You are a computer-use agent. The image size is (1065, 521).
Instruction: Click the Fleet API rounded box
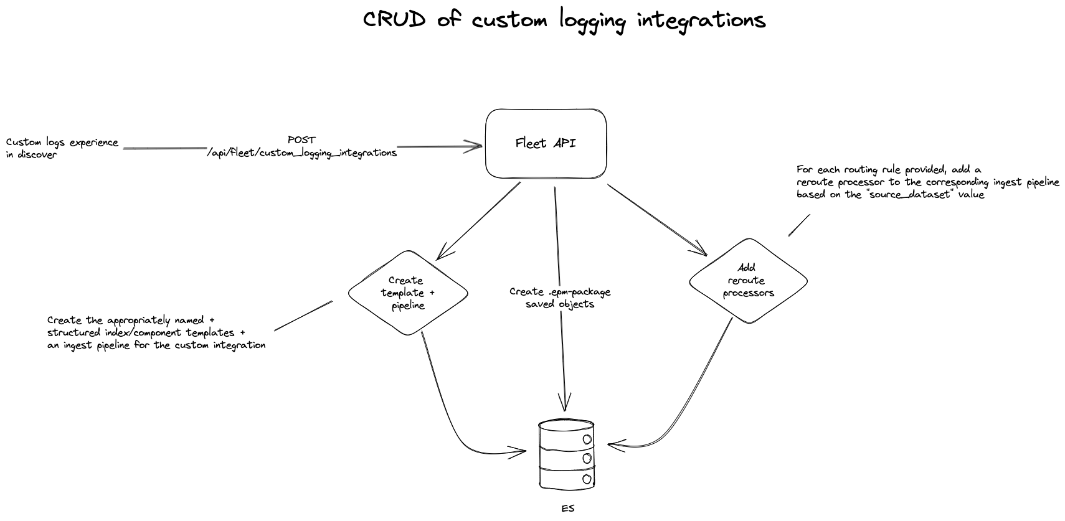coord(546,143)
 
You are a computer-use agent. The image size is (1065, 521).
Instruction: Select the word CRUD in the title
coord(394,20)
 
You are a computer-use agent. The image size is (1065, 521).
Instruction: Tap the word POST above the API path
coord(301,140)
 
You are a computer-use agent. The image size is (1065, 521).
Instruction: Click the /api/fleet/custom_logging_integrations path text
coord(301,153)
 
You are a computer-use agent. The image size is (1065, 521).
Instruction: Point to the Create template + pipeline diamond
coord(408,293)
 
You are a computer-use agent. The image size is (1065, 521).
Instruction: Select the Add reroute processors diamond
coord(748,281)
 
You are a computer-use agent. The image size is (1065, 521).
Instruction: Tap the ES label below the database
coord(567,509)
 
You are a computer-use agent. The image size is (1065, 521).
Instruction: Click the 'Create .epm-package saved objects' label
coord(560,298)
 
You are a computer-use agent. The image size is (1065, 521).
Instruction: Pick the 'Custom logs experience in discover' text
coord(62,148)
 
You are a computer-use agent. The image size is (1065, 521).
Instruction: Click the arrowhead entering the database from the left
coord(521,451)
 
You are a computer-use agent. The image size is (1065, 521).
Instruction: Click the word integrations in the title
coord(701,21)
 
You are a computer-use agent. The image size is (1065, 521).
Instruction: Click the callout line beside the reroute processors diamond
coord(799,225)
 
